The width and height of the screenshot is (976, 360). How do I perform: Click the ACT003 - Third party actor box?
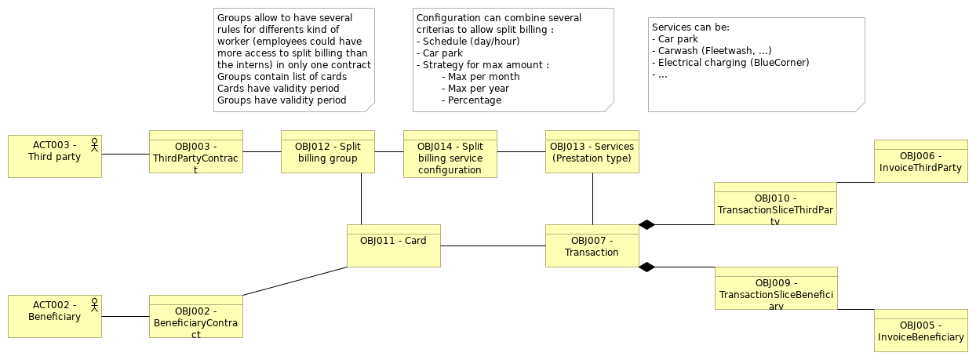click(55, 156)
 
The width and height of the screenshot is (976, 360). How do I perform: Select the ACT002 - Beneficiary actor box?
click(55, 316)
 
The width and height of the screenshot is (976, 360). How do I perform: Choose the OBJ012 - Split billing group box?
click(328, 151)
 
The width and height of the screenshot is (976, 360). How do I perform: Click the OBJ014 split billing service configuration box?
click(450, 154)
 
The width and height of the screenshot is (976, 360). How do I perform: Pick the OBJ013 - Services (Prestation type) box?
click(592, 151)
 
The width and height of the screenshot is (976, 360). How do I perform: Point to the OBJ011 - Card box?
click(393, 245)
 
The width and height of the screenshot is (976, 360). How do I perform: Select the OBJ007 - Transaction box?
click(592, 245)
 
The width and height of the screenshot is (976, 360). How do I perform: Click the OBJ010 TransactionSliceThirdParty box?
click(775, 203)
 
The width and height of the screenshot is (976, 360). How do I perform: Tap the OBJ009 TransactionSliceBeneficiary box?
click(775, 288)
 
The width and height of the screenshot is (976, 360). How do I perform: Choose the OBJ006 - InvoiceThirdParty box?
click(920, 161)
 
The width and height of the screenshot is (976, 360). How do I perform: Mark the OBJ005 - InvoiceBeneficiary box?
click(920, 330)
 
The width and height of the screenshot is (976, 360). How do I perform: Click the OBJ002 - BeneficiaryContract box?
click(195, 316)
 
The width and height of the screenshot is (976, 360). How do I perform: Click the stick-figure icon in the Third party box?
click(94, 145)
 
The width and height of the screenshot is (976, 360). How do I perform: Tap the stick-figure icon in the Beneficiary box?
click(94, 305)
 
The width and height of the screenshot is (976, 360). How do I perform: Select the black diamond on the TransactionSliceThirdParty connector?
click(646, 225)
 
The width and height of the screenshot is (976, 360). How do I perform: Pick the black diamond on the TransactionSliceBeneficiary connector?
click(646, 267)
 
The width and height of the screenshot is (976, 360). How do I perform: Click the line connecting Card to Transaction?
click(493, 246)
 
